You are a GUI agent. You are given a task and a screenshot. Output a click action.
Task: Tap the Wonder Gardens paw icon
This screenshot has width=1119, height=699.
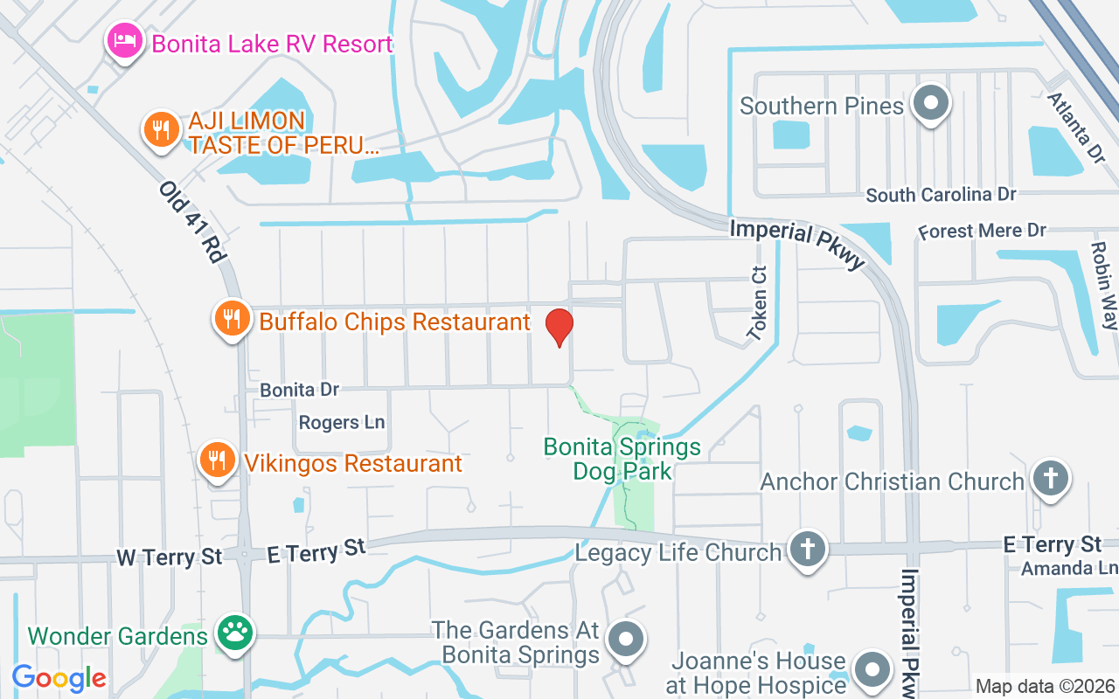tap(234, 633)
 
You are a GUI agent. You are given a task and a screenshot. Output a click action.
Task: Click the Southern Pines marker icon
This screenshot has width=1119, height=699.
tap(930, 103)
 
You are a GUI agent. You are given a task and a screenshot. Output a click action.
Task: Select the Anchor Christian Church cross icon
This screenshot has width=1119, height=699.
tap(1050, 479)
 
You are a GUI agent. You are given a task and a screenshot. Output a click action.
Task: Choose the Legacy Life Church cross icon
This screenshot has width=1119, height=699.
tap(807, 549)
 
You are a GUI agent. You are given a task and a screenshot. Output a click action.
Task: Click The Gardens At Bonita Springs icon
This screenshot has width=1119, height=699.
tap(626, 640)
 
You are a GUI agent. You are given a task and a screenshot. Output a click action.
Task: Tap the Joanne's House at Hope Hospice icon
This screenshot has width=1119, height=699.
tap(872, 669)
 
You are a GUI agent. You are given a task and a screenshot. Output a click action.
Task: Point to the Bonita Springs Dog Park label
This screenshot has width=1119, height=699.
tap(622, 460)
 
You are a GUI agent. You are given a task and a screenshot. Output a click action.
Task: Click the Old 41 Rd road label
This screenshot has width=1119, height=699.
tap(192, 223)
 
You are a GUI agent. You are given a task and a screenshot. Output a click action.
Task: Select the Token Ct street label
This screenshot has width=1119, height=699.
tap(757, 302)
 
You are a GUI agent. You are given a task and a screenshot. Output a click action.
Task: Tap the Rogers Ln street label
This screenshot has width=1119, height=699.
tap(342, 423)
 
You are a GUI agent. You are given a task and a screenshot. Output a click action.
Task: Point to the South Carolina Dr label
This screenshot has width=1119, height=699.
tap(941, 195)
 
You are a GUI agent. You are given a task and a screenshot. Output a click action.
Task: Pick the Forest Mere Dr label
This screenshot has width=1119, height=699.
tap(982, 232)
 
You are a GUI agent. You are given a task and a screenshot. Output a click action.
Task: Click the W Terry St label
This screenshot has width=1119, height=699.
tap(170, 557)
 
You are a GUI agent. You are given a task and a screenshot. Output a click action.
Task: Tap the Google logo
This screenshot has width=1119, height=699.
tap(59, 677)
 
